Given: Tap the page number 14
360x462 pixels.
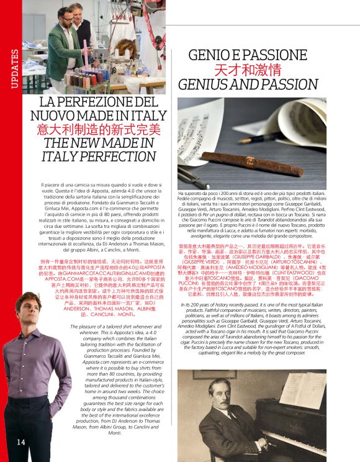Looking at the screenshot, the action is click(20, 442).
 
